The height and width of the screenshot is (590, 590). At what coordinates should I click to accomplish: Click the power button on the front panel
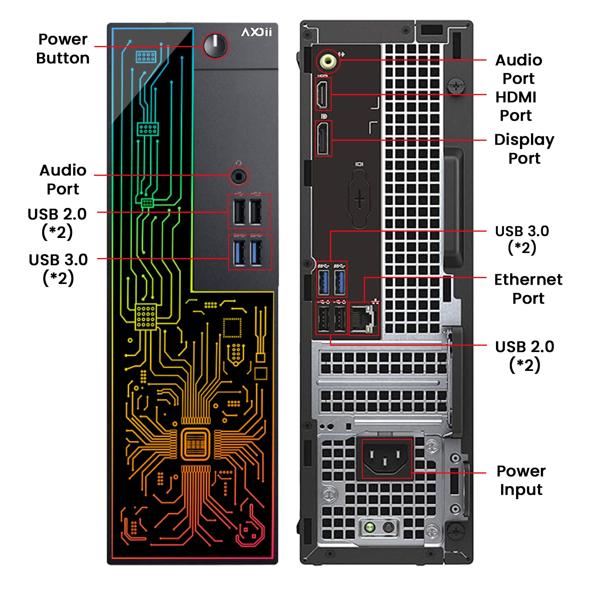215,46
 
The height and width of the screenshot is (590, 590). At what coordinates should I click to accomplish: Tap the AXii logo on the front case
256,32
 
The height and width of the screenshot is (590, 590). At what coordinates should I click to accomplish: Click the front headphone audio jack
238,176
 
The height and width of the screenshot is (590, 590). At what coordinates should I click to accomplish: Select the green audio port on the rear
328,61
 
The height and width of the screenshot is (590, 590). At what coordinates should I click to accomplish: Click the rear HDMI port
323,94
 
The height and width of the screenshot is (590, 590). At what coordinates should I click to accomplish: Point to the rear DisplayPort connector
324,139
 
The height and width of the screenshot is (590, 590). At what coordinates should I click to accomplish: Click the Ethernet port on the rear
363,318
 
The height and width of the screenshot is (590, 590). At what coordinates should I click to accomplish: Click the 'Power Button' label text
63,48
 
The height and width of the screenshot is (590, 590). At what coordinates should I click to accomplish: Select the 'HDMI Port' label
516,106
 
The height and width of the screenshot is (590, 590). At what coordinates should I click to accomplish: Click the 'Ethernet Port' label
528,289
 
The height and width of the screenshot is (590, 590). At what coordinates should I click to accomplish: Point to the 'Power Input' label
521,480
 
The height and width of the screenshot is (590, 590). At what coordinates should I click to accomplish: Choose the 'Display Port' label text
524,149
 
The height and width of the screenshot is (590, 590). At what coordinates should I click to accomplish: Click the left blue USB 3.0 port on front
239,253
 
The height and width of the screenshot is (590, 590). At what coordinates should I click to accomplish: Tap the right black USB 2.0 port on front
256,212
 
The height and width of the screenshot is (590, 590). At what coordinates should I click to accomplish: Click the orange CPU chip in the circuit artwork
195,444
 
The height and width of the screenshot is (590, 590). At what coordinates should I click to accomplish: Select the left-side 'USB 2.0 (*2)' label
57,223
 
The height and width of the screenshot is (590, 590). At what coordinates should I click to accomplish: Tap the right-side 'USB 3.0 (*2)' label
522,239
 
